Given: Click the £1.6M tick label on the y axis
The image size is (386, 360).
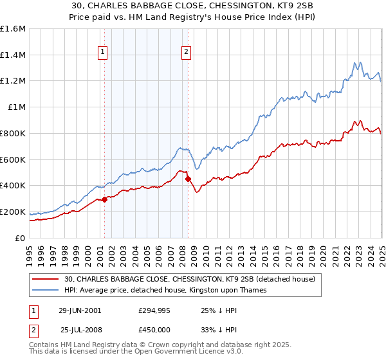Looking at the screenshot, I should [x=13, y=29].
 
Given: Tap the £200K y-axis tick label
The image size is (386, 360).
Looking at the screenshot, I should [x=13, y=212].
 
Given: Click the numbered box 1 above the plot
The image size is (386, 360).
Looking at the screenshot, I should [x=104, y=53].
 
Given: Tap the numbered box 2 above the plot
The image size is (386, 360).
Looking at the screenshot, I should [x=186, y=53].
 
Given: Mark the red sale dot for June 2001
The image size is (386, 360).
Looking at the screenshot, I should [x=104, y=199].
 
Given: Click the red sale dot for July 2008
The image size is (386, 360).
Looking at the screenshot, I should [x=188, y=179].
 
